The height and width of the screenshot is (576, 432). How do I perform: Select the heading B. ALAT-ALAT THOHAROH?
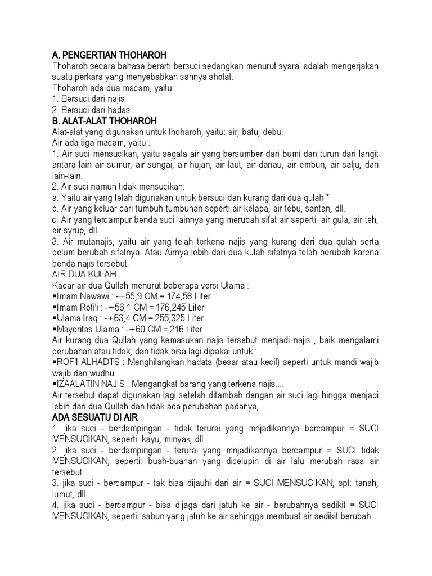[x=104, y=121]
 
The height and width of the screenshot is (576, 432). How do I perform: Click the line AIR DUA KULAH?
[x=84, y=274]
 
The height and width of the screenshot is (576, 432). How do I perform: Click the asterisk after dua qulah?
[x=327, y=197]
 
